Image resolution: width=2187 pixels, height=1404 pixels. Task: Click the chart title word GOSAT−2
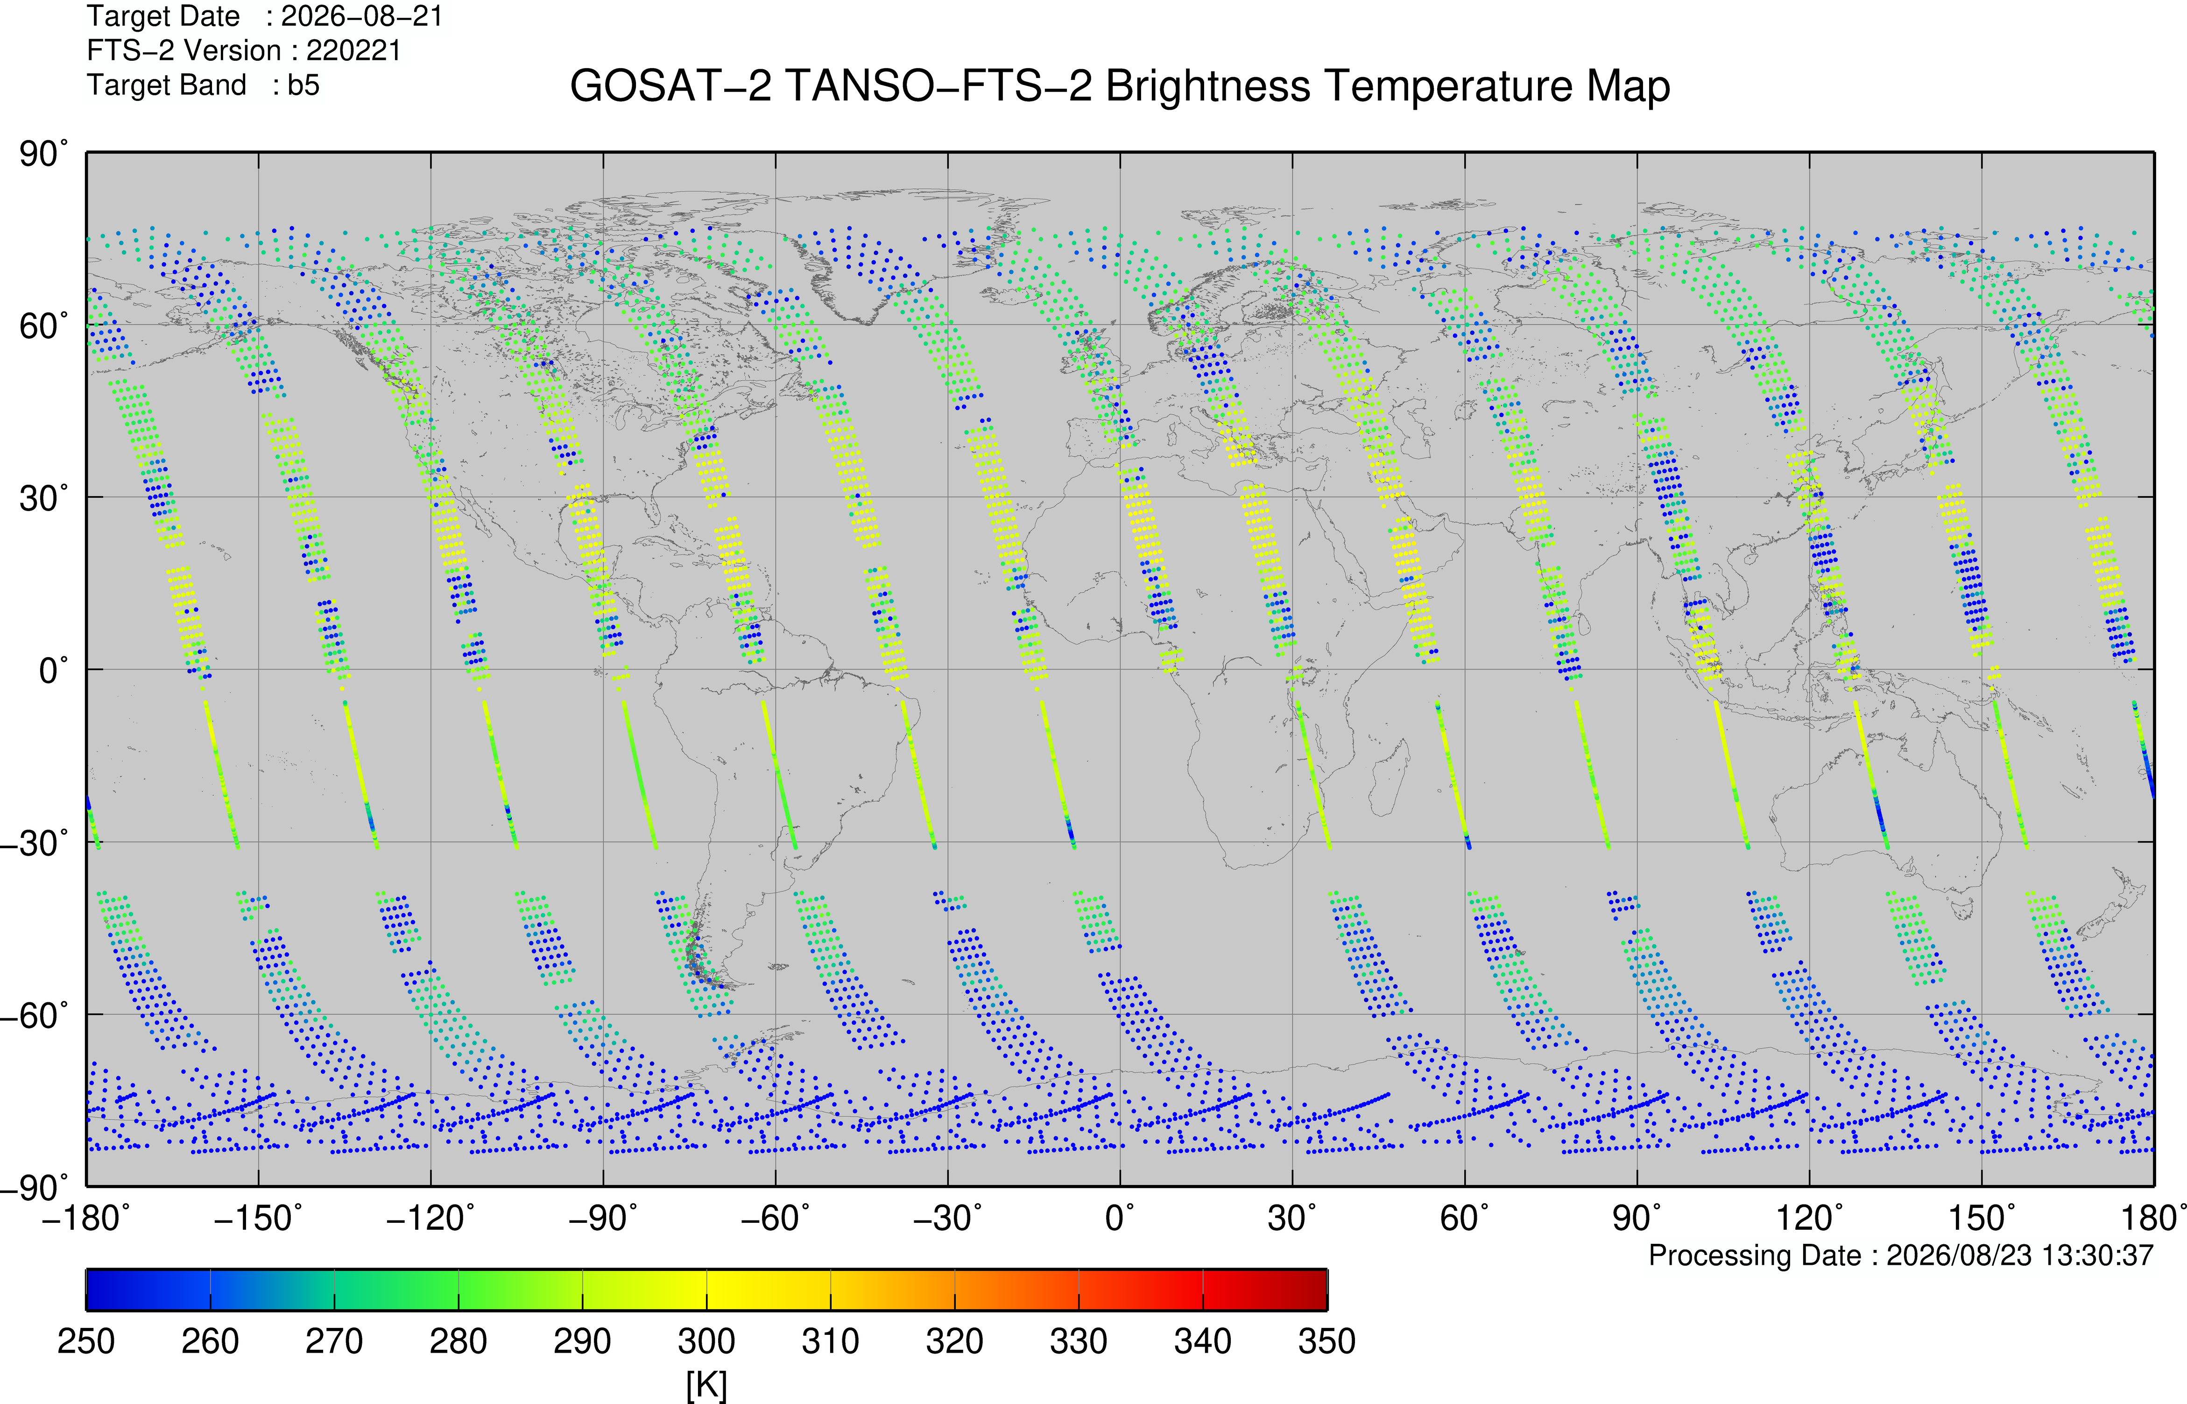[x=670, y=86]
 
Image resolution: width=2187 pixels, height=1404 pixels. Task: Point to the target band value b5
[x=303, y=85]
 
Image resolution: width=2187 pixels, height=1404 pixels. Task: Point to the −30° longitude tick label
[x=948, y=1218]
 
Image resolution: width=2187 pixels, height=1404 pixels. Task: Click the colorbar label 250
[x=86, y=1341]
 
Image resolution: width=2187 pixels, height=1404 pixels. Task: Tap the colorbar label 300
[x=706, y=1341]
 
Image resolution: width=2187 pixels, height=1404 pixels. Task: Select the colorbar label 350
[x=1327, y=1341]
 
